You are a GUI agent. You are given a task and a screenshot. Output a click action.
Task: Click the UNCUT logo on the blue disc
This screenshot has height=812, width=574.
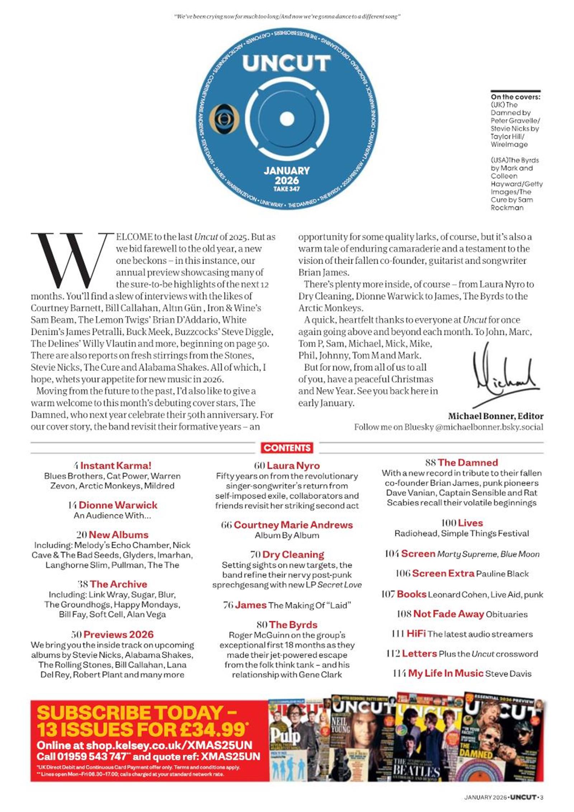click(x=286, y=63)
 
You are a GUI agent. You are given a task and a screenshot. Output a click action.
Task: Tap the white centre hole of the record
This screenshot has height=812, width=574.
click(x=287, y=119)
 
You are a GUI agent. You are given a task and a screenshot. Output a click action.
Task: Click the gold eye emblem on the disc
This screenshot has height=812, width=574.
click(x=224, y=119)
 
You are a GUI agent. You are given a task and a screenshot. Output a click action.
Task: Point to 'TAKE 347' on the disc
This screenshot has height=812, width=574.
click(x=286, y=189)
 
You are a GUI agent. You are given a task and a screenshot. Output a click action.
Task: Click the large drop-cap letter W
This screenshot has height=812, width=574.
click(x=70, y=260)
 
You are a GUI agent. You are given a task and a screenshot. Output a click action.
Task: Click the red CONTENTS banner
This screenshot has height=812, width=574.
click(x=287, y=448)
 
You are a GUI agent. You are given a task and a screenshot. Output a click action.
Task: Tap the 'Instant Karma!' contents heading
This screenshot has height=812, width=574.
click(x=116, y=466)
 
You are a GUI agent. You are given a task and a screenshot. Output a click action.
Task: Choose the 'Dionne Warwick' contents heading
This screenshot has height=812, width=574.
click(x=118, y=505)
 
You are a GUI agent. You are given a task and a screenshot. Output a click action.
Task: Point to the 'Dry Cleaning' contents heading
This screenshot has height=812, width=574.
click(x=293, y=554)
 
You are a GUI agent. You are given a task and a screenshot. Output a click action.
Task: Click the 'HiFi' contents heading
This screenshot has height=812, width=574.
click(x=416, y=634)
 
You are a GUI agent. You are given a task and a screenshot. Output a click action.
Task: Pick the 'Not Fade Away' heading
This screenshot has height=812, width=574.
click(x=448, y=614)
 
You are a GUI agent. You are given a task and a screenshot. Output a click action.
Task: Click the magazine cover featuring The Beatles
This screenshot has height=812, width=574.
click(x=429, y=740)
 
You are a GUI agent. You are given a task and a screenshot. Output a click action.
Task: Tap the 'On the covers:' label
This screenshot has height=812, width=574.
click(x=516, y=97)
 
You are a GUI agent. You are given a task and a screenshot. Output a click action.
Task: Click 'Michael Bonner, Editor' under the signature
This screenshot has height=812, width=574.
click(x=495, y=416)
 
